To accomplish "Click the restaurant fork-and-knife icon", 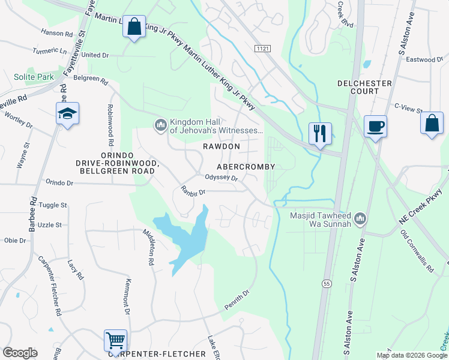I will click(x=319, y=132).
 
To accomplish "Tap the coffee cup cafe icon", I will click(x=375, y=126).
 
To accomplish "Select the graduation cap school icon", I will click(x=68, y=113).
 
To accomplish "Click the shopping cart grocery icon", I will click(x=115, y=340).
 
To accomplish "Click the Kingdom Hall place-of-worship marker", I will click(x=160, y=124).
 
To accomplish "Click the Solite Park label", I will click(x=34, y=77).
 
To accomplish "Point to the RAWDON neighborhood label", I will click(x=220, y=146).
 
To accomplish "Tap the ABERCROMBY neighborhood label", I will click(x=246, y=167).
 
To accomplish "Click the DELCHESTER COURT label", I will click(x=365, y=87).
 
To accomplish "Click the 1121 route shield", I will click(x=262, y=47).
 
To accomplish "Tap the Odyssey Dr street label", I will click(x=221, y=178).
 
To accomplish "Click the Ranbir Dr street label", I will click(x=193, y=192).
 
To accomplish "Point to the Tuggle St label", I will click(x=53, y=205).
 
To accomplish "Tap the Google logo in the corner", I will click(x=20, y=353).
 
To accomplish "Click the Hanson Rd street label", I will click(x=56, y=33).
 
